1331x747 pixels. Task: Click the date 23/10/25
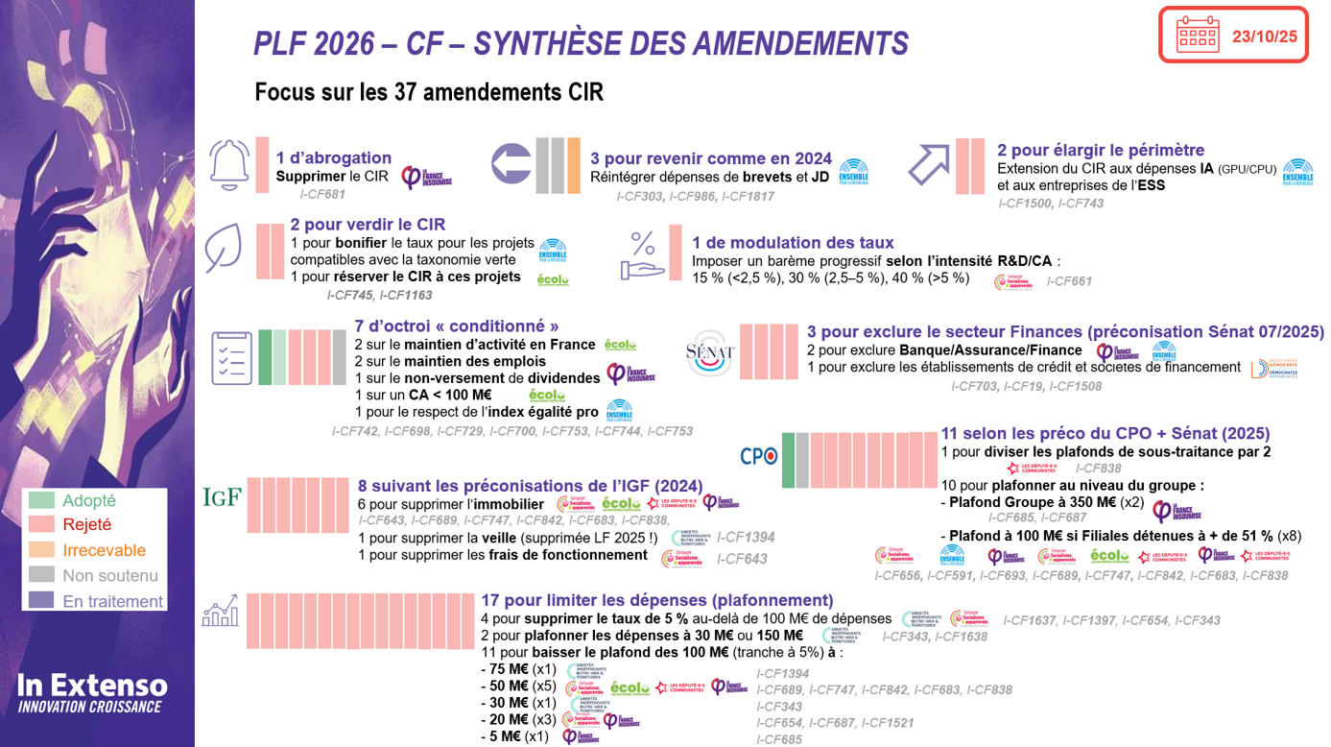(1264, 36)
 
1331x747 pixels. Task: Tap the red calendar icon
(1197, 35)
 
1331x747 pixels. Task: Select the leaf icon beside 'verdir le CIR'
(223, 250)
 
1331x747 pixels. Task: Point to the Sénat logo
(710, 355)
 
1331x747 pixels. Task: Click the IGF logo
(221, 497)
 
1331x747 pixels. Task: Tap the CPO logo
(758, 457)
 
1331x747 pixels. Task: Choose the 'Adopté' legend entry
(88, 500)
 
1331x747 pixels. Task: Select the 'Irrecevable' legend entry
(104, 550)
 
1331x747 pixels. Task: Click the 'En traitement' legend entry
(112, 601)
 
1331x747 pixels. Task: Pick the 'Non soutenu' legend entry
(109, 576)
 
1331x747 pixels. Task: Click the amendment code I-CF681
(321, 194)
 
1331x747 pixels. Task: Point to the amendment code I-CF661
(1068, 281)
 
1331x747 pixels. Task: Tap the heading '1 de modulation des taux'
(793, 243)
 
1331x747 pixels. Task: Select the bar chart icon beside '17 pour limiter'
(220, 612)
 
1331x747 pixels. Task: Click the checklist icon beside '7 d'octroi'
(231, 358)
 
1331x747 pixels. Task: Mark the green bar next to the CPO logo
(788, 459)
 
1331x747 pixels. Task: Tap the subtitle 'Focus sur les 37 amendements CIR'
(429, 92)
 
